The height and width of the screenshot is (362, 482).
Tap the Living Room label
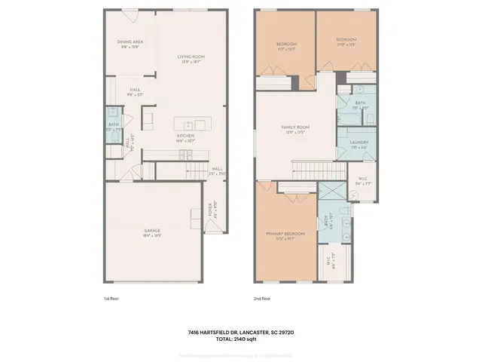191,59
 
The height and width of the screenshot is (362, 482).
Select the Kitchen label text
186,137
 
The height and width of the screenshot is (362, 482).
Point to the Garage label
152,233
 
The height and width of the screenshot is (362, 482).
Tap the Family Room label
295,129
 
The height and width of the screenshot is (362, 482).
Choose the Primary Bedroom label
286,235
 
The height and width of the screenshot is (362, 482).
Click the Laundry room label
358,143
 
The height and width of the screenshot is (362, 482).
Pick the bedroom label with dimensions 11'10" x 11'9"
346,41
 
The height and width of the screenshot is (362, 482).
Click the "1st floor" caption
112,299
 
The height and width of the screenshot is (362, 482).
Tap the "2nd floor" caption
263,299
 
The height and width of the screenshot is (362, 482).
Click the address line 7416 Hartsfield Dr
240,331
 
